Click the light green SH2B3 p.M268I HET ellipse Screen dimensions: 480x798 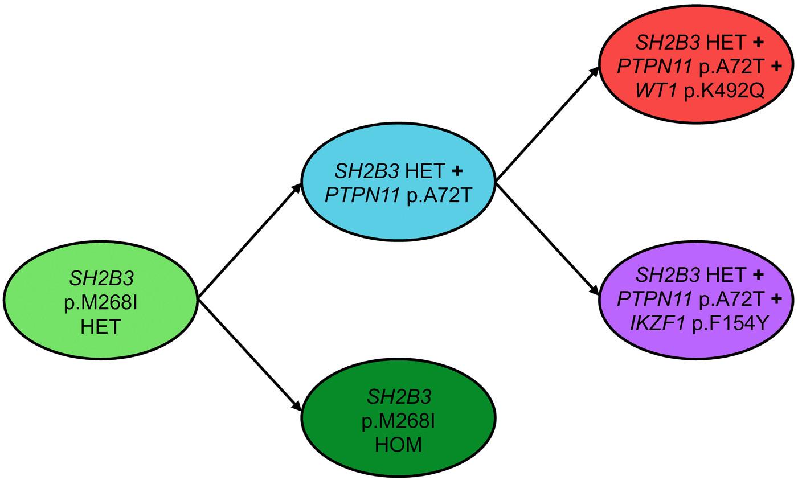pos(101,302)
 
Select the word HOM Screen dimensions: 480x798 pos(398,444)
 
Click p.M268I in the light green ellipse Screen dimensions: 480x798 pos(101,302)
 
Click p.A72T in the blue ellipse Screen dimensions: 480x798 pos(437,194)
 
